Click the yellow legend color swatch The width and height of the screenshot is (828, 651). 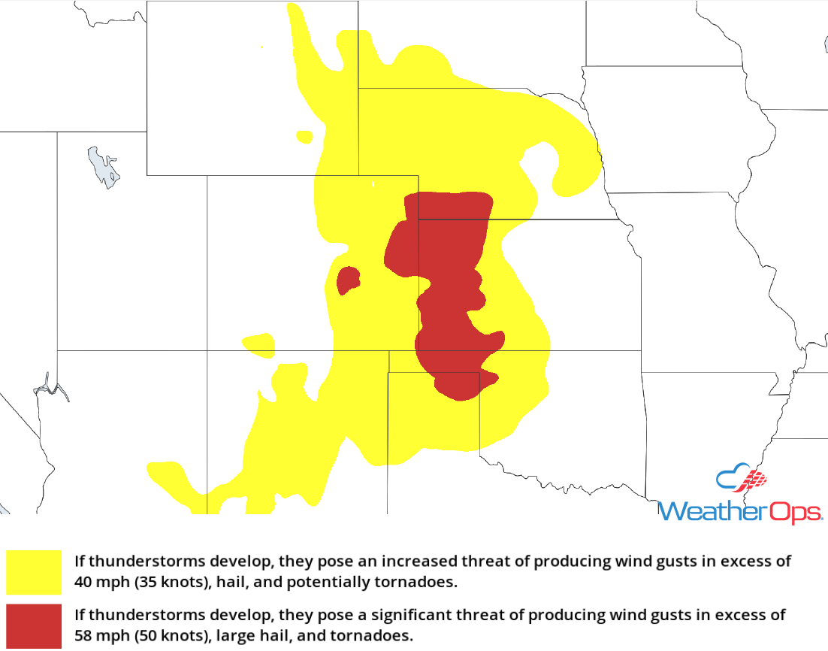pos(34,573)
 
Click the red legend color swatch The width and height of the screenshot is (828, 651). pos(34,625)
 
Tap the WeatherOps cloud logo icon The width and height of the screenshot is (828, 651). pos(741,480)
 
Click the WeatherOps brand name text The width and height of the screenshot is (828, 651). pos(739,512)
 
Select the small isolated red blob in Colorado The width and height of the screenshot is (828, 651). pos(347,280)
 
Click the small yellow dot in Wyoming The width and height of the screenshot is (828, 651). pos(304,137)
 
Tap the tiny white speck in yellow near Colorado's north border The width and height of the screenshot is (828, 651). pos(373,184)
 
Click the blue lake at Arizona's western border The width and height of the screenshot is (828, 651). pos(50,387)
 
